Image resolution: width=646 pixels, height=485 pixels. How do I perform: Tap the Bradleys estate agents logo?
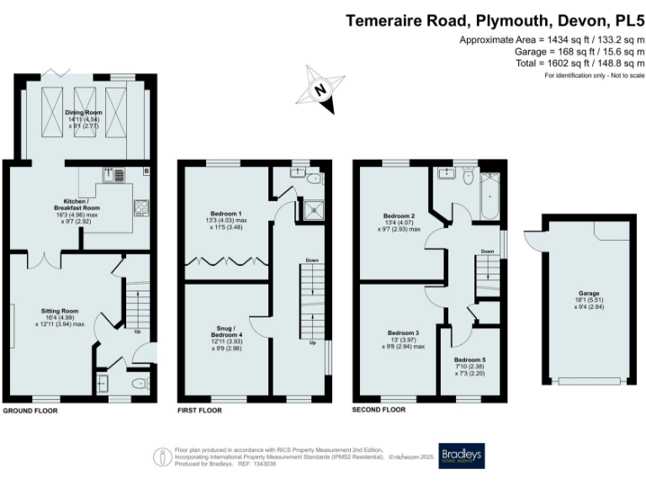pyautogui.click(x=462, y=455)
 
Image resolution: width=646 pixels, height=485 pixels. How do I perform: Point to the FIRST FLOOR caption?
pyautogui.click(x=199, y=412)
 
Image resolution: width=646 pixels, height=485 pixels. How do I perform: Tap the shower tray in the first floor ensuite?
pyautogui.click(x=312, y=206)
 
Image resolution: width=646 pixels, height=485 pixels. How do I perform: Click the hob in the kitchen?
pyautogui.click(x=139, y=207)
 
